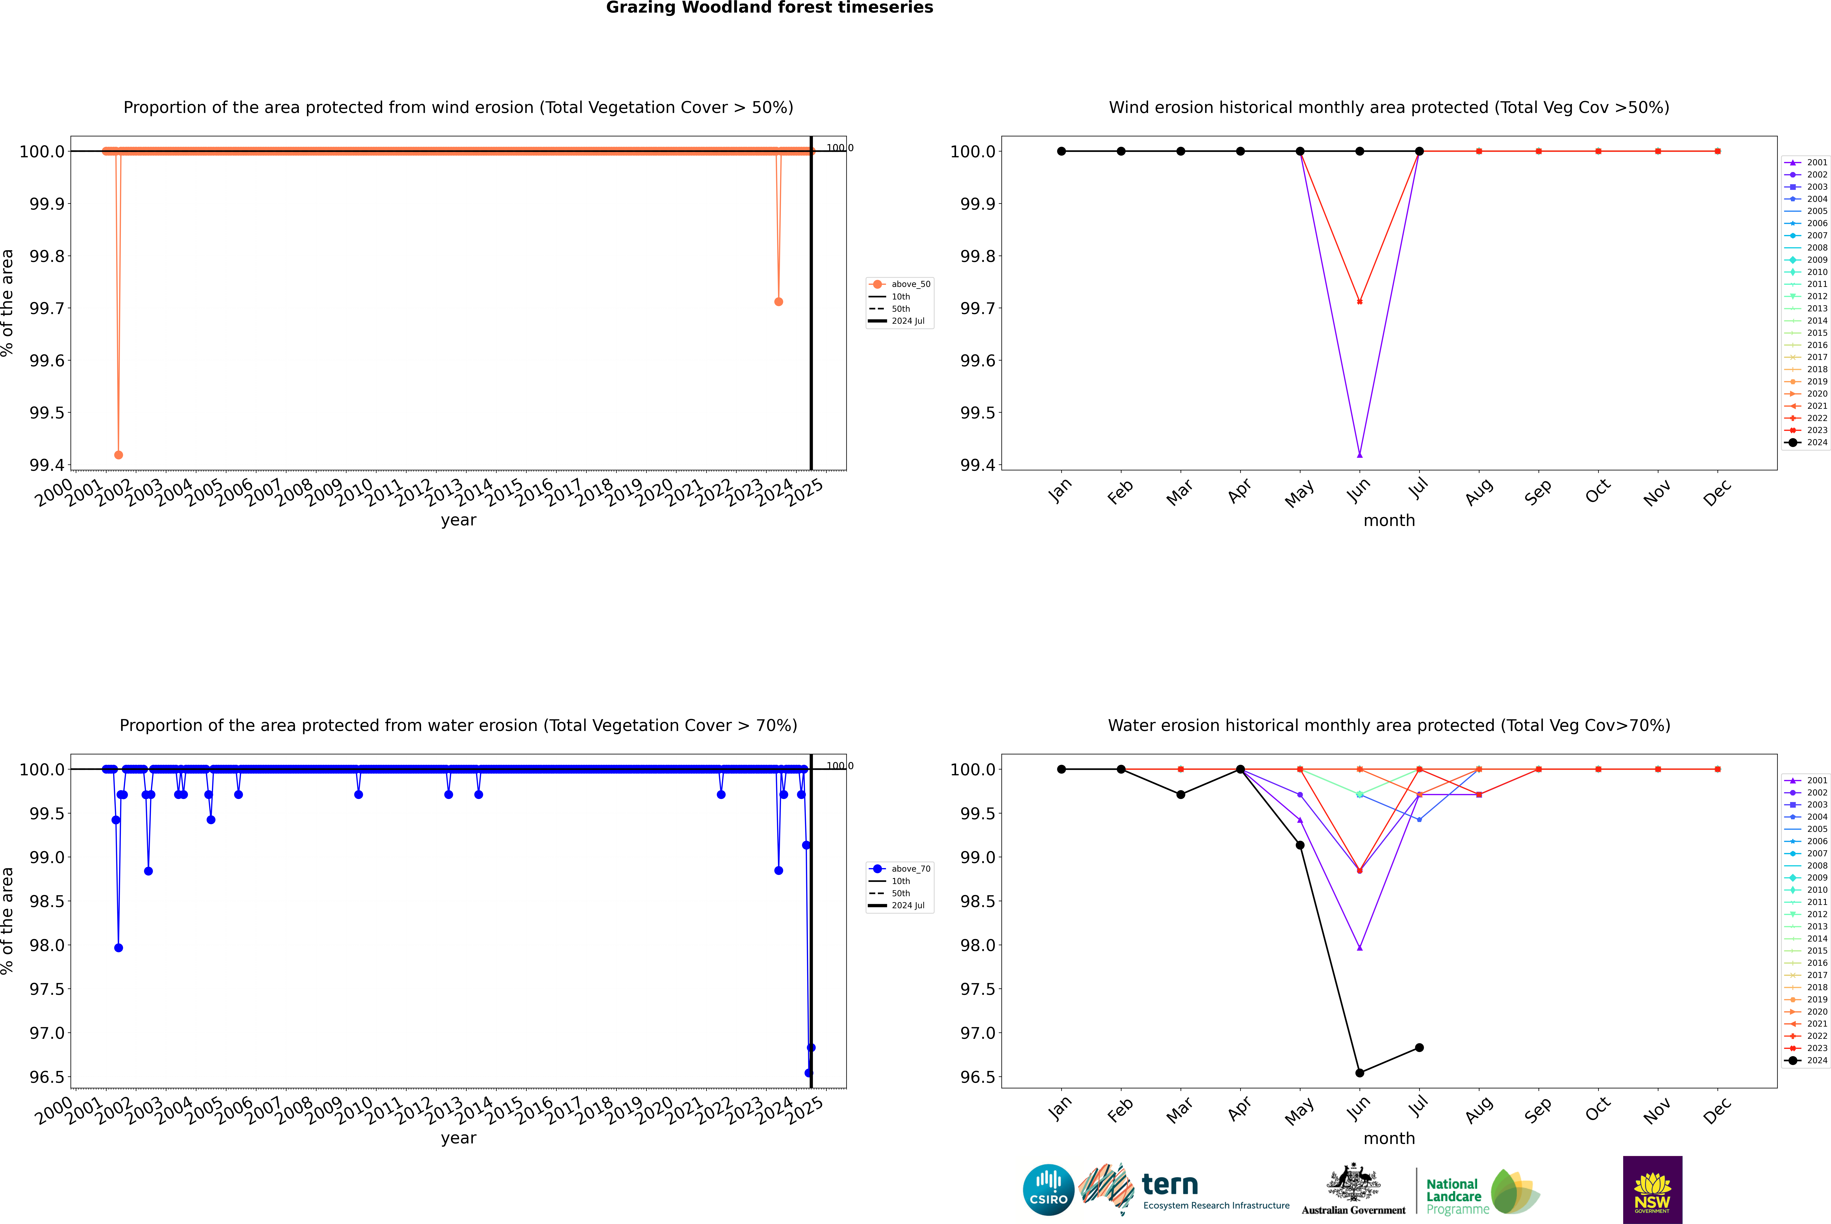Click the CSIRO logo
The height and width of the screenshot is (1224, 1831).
[x=1048, y=1190]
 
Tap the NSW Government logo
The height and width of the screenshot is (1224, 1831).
[x=1652, y=1190]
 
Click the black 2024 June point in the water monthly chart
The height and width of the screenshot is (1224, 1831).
[x=1360, y=1073]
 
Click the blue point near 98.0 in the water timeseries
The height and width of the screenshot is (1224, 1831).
[x=119, y=948]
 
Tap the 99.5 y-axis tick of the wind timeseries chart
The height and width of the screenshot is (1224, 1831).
[x=47, y=413]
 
